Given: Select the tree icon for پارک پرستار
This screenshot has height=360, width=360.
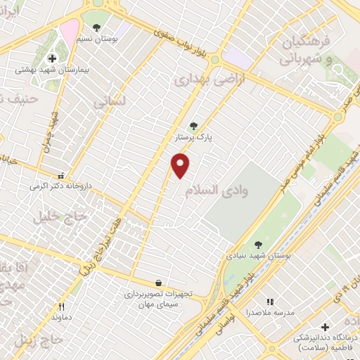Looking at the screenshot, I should (x=193, y=127).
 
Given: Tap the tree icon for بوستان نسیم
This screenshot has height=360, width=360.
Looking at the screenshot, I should (x=96, y=27).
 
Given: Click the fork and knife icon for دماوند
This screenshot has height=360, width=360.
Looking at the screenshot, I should (x=61, y=306).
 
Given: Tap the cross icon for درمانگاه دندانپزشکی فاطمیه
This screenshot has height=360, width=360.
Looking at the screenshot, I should (x=324, y=326).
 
